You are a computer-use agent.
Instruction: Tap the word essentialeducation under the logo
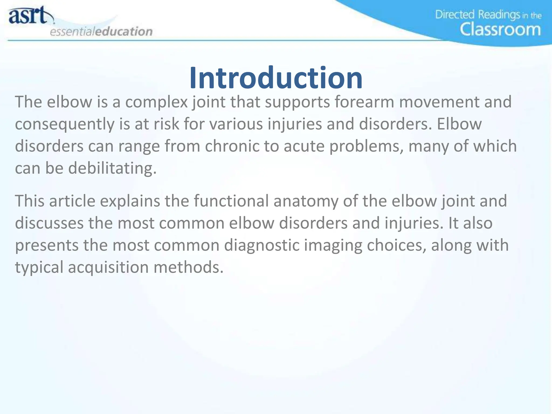(x=101, y=31)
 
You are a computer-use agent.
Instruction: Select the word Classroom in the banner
(x=500, y=29)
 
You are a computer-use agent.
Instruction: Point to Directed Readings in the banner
(x=477, y=15)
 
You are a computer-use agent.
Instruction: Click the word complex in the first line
(x=156, y=102)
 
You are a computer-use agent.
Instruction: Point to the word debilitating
(x=112, y=168)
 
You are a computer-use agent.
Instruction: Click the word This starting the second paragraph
(x=30, y=201)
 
